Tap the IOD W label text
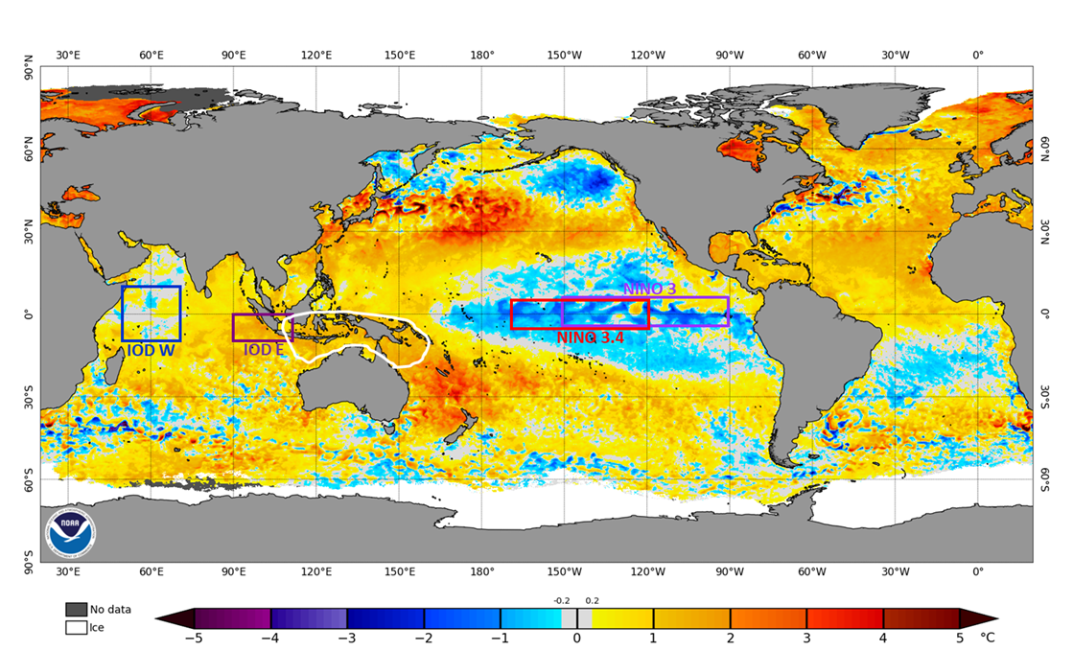click(151, 351)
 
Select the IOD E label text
click(264, 350)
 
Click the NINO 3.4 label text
click(589, 337)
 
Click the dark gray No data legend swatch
click(76, 610)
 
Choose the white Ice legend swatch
click(76, 628)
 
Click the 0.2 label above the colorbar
click(594, 601)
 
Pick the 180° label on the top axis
click(482, 55)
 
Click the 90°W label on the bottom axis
click(730, 571)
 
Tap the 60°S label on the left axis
click(30, 479)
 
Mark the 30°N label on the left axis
click(30, 232)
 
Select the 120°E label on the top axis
click(316, 55)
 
